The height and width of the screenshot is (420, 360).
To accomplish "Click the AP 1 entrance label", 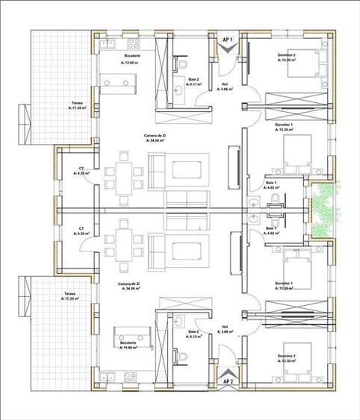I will pos(229,38).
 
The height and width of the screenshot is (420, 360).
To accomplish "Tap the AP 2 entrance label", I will pos(229,382).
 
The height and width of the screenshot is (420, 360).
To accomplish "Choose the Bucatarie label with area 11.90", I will pos(128,344).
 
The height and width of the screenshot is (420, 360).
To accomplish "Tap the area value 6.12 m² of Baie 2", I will pos(196,336).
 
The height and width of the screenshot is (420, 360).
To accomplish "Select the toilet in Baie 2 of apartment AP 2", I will pos(183,352).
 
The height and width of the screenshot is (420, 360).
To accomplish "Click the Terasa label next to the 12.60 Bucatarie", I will pos(56,105).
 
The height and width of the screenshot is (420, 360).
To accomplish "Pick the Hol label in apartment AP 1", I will pos(225,84).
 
